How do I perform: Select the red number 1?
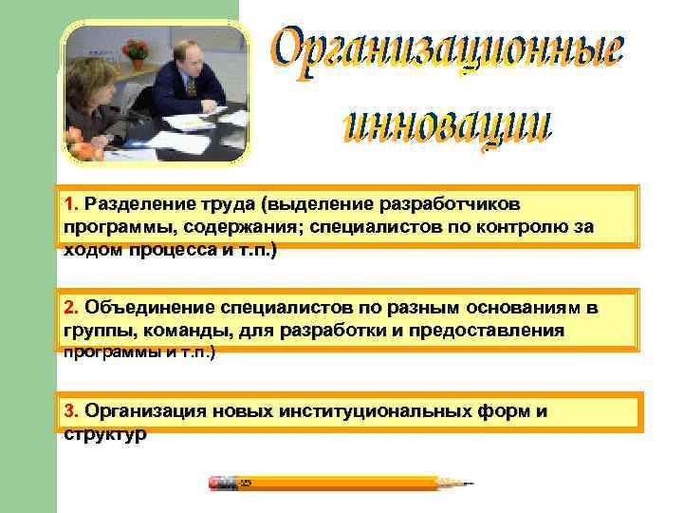[x=70, y=203]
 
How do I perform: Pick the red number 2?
[x=70, y=308]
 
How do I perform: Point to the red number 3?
[x=70, y=410]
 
